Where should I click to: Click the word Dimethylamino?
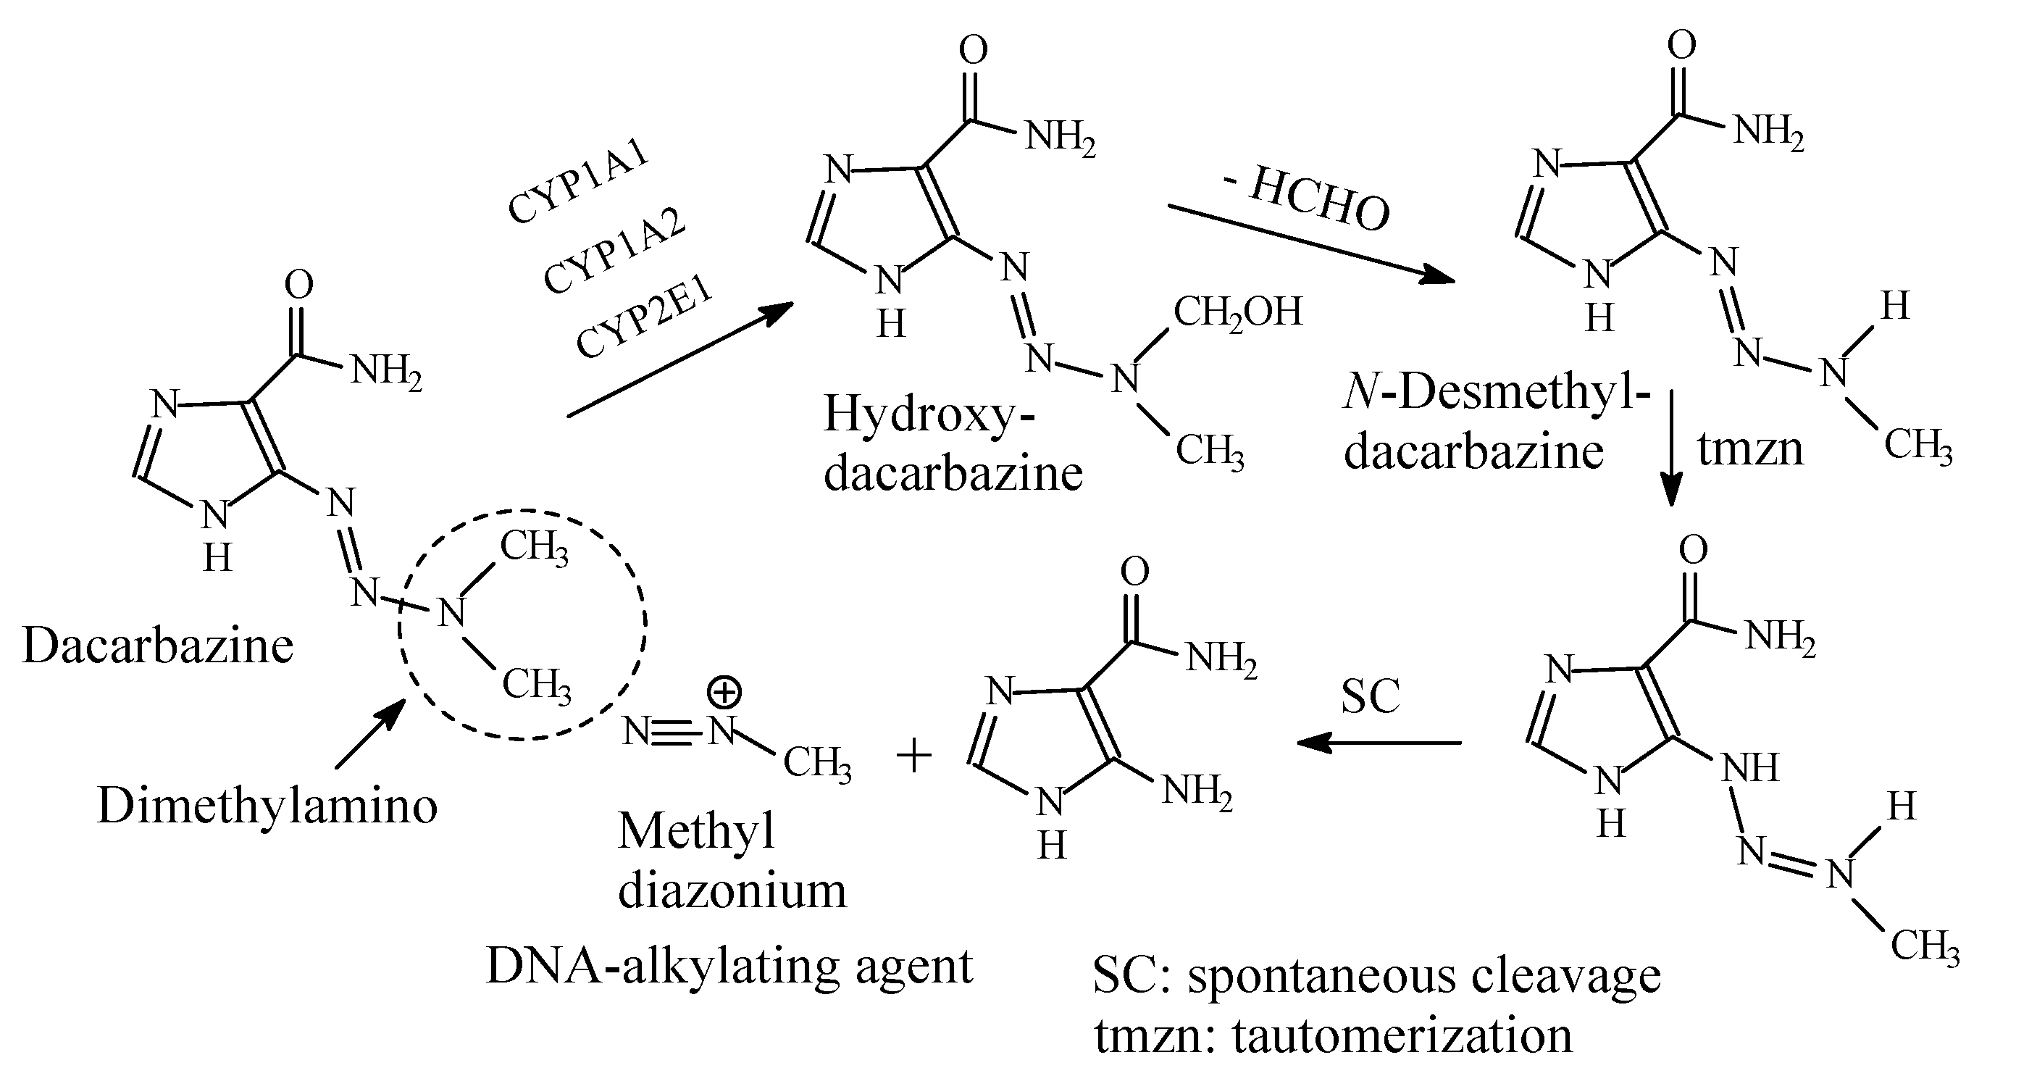(267, 806)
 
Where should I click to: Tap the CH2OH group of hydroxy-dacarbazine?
(1237, 311)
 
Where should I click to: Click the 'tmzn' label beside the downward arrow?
(1750, 449)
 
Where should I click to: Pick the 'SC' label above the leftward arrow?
(1371, 696)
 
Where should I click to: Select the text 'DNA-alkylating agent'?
(729, 967)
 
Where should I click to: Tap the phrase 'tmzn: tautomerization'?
(1333, 1036)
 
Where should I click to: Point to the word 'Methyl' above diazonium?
(696, 831)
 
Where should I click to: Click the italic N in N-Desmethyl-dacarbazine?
(1362, 393)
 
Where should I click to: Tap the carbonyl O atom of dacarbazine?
(299, 285)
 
